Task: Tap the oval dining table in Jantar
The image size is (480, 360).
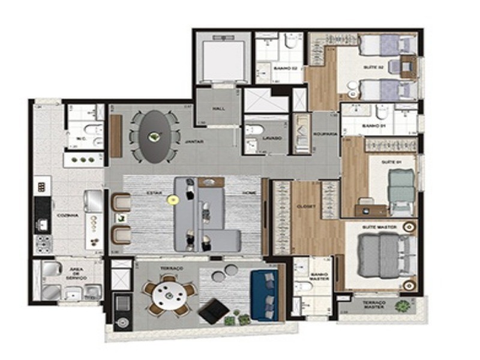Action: point(155,136)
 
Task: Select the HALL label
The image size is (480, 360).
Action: point(218,109)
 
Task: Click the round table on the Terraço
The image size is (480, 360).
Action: point(170,296)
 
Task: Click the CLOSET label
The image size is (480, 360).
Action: point(305,206)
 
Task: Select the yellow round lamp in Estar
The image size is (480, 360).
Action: point(172,200)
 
